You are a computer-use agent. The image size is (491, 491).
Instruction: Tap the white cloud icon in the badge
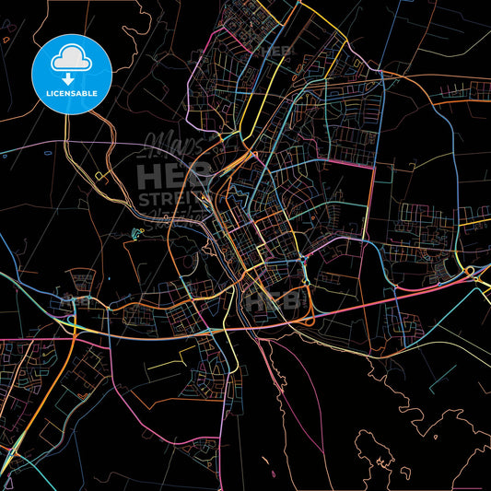point(72,58)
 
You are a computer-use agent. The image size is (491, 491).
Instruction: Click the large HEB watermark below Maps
point(165,176)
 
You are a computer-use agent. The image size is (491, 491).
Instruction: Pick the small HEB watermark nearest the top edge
point(275,51)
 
